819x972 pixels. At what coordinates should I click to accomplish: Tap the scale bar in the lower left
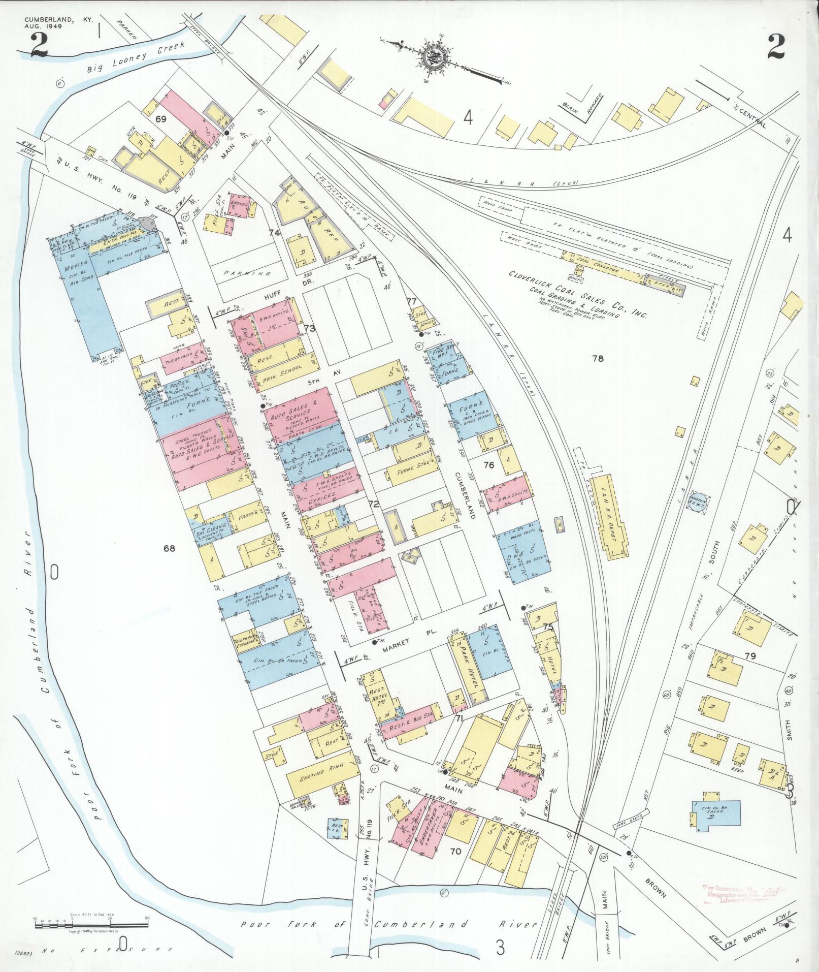91,924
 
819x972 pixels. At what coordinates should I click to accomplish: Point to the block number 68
169,548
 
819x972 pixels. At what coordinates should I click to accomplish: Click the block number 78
598,358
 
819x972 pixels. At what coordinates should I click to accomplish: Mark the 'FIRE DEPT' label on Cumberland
445,350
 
